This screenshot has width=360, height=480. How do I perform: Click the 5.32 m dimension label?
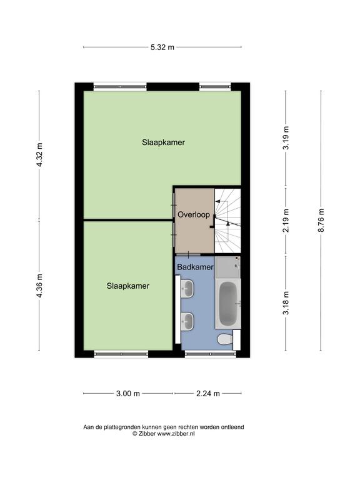pos(162,47)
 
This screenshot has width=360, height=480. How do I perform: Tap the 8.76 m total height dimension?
pos(321,221)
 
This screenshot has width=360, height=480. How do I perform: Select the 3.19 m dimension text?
pos(286,138)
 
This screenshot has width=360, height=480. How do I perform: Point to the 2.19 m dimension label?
pos(286,221)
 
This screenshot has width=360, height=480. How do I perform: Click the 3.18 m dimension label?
pos(286,303)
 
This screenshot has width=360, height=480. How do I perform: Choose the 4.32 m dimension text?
pos(39,155)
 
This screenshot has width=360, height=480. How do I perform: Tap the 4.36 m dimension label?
pos(39,286)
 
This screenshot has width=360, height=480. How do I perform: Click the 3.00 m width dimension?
pos(128,394)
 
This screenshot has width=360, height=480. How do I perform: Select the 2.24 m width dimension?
pos(208,394)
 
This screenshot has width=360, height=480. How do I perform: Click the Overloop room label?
pos(194,214)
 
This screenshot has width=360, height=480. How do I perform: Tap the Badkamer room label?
pos(195,267)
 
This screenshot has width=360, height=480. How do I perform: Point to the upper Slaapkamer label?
pos(164,142)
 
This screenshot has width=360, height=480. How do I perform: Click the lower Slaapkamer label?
pos(128,286)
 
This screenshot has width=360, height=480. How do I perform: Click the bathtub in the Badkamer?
pos(228,304)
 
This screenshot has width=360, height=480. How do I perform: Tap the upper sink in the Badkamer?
pos(187,288)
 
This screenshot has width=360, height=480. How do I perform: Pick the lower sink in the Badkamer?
pos(187,321)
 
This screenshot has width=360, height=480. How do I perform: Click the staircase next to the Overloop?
pos(227,221)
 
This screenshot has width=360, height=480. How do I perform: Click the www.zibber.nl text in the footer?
pos(176,434)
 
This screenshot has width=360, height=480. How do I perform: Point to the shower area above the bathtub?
pos(227,267)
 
